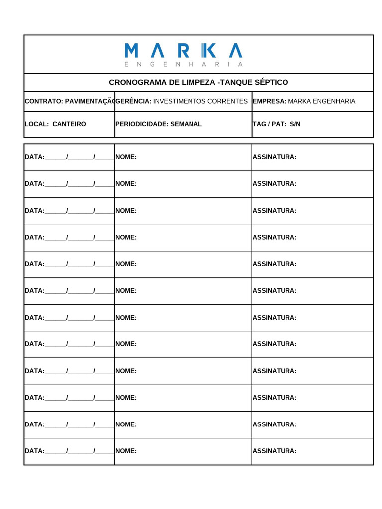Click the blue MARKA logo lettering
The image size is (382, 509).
coord(183,50)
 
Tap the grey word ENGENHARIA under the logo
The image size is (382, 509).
coord(183,64)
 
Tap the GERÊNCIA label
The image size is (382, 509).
coord(133,101)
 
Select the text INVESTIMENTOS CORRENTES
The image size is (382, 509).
coord(200,101)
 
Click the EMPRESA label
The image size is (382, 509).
coord(270,101)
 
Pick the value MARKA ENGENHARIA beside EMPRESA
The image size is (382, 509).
coord(322,101)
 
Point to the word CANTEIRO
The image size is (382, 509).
coord(69,124)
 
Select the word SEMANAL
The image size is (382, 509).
coord(186,124)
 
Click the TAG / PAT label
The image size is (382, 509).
coord(269,124)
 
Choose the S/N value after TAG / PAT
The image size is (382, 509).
coord(295,124)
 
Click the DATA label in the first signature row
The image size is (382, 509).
coord(35,157)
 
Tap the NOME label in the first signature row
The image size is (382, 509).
coord(126,157)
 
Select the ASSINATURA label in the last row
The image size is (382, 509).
coord(275,451)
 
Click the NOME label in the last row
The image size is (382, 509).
coord(126,451)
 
